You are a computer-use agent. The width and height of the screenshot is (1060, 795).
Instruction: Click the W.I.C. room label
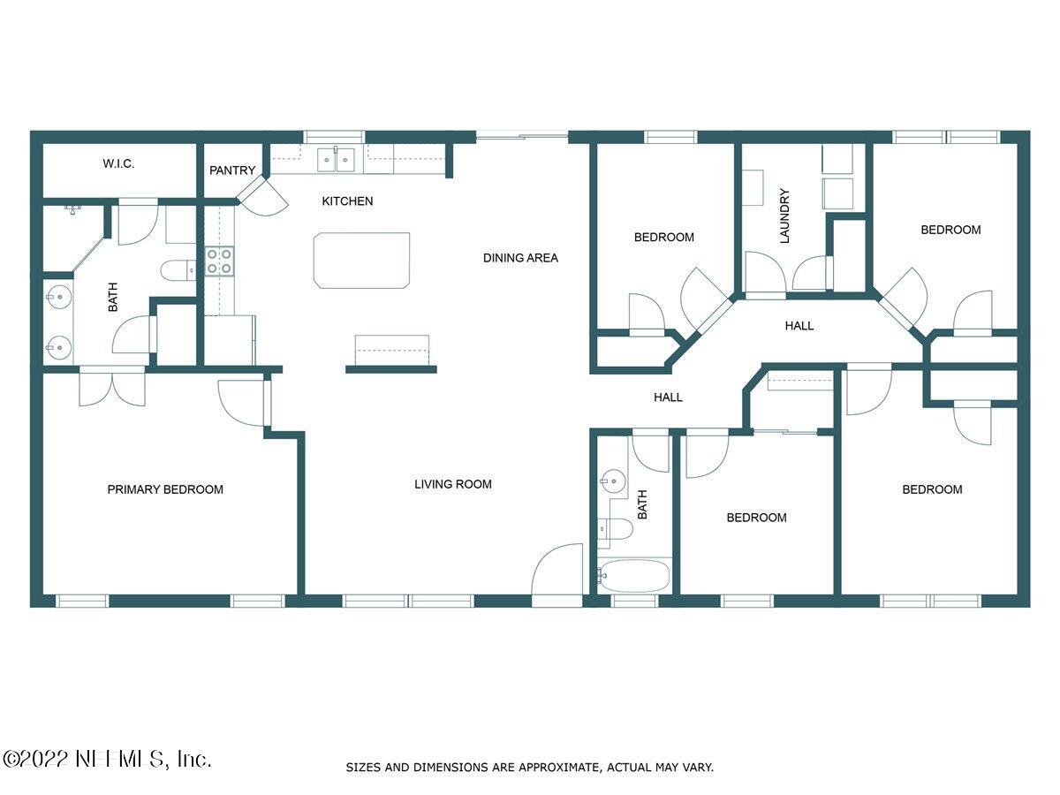click(117, 164)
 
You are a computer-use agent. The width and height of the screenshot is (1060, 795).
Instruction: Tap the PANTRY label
click(232, 170)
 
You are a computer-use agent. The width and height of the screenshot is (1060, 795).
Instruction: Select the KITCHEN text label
click(347, 201)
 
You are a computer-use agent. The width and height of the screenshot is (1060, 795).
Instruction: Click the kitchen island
click(361, 260)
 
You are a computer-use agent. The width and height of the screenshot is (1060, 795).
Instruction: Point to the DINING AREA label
click(520, 258)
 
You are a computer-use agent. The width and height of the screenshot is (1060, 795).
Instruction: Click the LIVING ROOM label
click(453, 484)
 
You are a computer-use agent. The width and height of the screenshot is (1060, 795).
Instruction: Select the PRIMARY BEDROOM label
click(165, 489)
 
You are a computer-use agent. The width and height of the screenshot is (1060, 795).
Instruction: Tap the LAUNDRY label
click(784, 216)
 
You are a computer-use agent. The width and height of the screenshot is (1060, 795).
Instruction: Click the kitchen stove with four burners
click(219, 261)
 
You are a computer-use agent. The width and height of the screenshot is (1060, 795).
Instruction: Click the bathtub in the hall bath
click(633, 577)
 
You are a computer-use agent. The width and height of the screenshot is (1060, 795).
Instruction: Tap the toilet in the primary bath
click(178, 269)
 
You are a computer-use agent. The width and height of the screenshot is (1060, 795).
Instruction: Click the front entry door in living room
click(557, 574)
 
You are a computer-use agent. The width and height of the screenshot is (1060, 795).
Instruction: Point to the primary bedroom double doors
click(112, 387)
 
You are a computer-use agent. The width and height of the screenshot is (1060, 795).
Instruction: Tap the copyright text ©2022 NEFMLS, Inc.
click(107, 759)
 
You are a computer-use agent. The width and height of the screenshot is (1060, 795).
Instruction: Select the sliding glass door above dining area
click(521, 136)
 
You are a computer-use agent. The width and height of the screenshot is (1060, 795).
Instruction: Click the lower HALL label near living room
click(668, 397)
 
